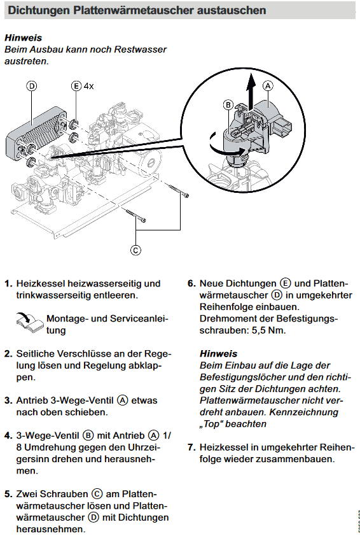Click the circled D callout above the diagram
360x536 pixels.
click(x=31, y=86)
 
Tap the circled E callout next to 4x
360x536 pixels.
click(x=76, y=86)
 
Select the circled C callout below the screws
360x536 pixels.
click(x=135, y=250)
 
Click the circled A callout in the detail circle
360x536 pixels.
click(x=268, y=86)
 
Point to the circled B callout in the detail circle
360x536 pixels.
click(x=228, y=104)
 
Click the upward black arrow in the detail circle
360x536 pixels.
click(x=251, y=90)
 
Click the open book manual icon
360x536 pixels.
click(x=30, y=323)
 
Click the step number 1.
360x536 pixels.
click(x=8, y=284)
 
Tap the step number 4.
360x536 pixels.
click(x=8, y=436)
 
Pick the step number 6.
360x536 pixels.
click(x=191, y=284)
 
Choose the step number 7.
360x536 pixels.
click(x=191, y=448)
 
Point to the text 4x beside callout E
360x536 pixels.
click(x=88, y=86)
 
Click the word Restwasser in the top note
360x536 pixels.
click(x=141, y=50)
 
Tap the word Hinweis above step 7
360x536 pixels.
click(x=219, y=354)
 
